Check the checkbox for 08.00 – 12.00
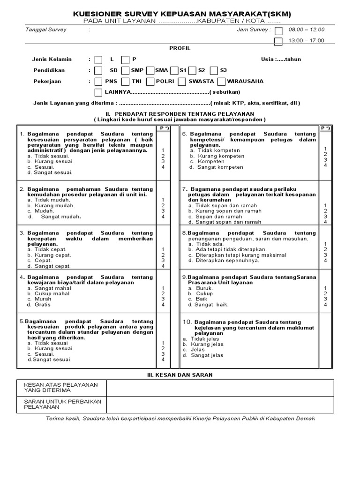click(x=278, y=31)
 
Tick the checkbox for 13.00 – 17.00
click(x=278, y=41)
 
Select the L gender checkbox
click(x=98, y=60)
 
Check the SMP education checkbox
click(x=125, y=70)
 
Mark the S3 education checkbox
click(x=214, y=70)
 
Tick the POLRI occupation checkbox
click(x=150, y=82)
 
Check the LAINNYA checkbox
click(x=98, y=92)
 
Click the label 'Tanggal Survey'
click(x=45, y=30)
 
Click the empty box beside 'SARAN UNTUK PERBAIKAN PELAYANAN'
click(x=220, y=404)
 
